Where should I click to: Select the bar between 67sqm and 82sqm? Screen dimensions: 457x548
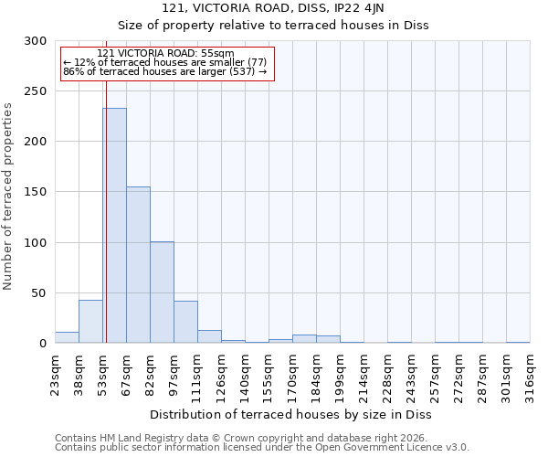(138, 265)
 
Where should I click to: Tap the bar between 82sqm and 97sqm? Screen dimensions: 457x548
(162, 292)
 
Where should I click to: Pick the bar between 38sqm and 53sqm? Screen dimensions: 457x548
(90, 322)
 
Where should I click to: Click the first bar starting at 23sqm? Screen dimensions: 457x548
(67, 337)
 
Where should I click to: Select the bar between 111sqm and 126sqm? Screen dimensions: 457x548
(209, 336)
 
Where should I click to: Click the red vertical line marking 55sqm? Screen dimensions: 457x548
(106, 183)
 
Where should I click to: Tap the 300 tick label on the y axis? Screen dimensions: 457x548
(36, 41)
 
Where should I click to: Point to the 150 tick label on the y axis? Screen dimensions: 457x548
(36, 192)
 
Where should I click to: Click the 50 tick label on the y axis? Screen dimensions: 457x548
(39, 293)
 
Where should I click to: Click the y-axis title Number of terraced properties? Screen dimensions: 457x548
(8, 197)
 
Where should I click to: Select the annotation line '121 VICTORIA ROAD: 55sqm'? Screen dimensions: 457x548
(165, 53)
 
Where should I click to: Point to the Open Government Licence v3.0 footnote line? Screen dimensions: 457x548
(262, 448)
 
